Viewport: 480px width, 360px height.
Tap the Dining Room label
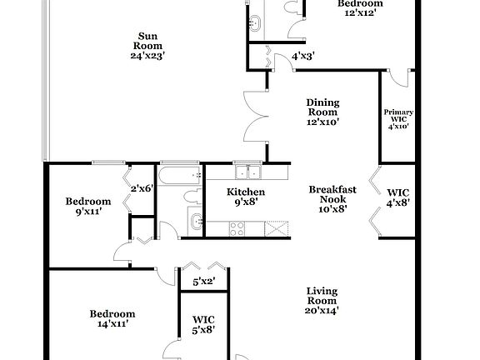tap(322, 112)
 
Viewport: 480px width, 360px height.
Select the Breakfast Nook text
tap(327, 199)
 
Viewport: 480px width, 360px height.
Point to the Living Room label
tap(321, 300)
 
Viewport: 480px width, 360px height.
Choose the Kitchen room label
tap(246, 197)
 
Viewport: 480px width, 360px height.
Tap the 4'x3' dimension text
tap(302, 57)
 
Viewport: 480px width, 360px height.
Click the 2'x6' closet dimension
tap(142, 188)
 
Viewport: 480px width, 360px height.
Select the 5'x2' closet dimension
tap(203, 282)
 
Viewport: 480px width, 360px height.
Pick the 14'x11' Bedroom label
tap(112, 319)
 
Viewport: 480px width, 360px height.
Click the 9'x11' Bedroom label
tap(88, 206)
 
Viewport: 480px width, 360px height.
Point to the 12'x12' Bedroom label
tap(360, 8)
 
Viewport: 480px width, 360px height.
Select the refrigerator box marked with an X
tap(275, 227)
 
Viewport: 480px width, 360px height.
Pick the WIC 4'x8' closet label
tap(397, 198)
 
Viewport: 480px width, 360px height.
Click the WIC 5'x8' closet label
tap(203, 323)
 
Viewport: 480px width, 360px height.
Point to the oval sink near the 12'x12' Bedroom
tap(255, 21)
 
